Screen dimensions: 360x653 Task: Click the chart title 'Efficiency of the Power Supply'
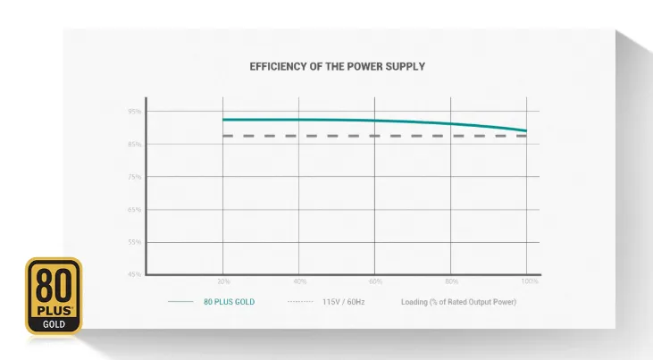tap(337, 66)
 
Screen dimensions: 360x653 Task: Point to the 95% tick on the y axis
tap(134, 112)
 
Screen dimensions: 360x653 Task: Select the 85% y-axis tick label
tap(134, 144)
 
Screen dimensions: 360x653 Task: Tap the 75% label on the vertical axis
tap(134, 177)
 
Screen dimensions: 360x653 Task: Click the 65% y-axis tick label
tap(134, 209)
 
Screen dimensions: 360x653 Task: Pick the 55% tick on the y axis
tap(134, 242)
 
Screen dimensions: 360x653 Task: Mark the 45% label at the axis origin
tap(134, 274)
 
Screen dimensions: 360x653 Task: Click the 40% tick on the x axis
tap(299, 281)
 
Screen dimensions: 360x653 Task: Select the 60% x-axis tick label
tap(375, 281)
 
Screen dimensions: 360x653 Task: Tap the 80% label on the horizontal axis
tap(452, 281)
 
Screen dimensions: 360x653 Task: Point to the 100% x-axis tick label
tap(529, 281)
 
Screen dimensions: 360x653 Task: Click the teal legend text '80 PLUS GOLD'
tap(229, 302)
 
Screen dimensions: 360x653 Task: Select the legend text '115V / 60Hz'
tap(344, 302)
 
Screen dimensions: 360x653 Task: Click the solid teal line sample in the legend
tap(180, 302)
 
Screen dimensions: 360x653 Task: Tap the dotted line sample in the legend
tap(300, 302)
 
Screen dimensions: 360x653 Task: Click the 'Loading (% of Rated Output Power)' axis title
tap(458, 302)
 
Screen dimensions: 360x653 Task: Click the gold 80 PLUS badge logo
tap(54, 296)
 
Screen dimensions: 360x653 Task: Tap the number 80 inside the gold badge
tap(54, 284)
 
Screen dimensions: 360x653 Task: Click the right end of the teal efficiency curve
tap(526, 130)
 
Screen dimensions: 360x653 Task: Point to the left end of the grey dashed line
tap(224, 136)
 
